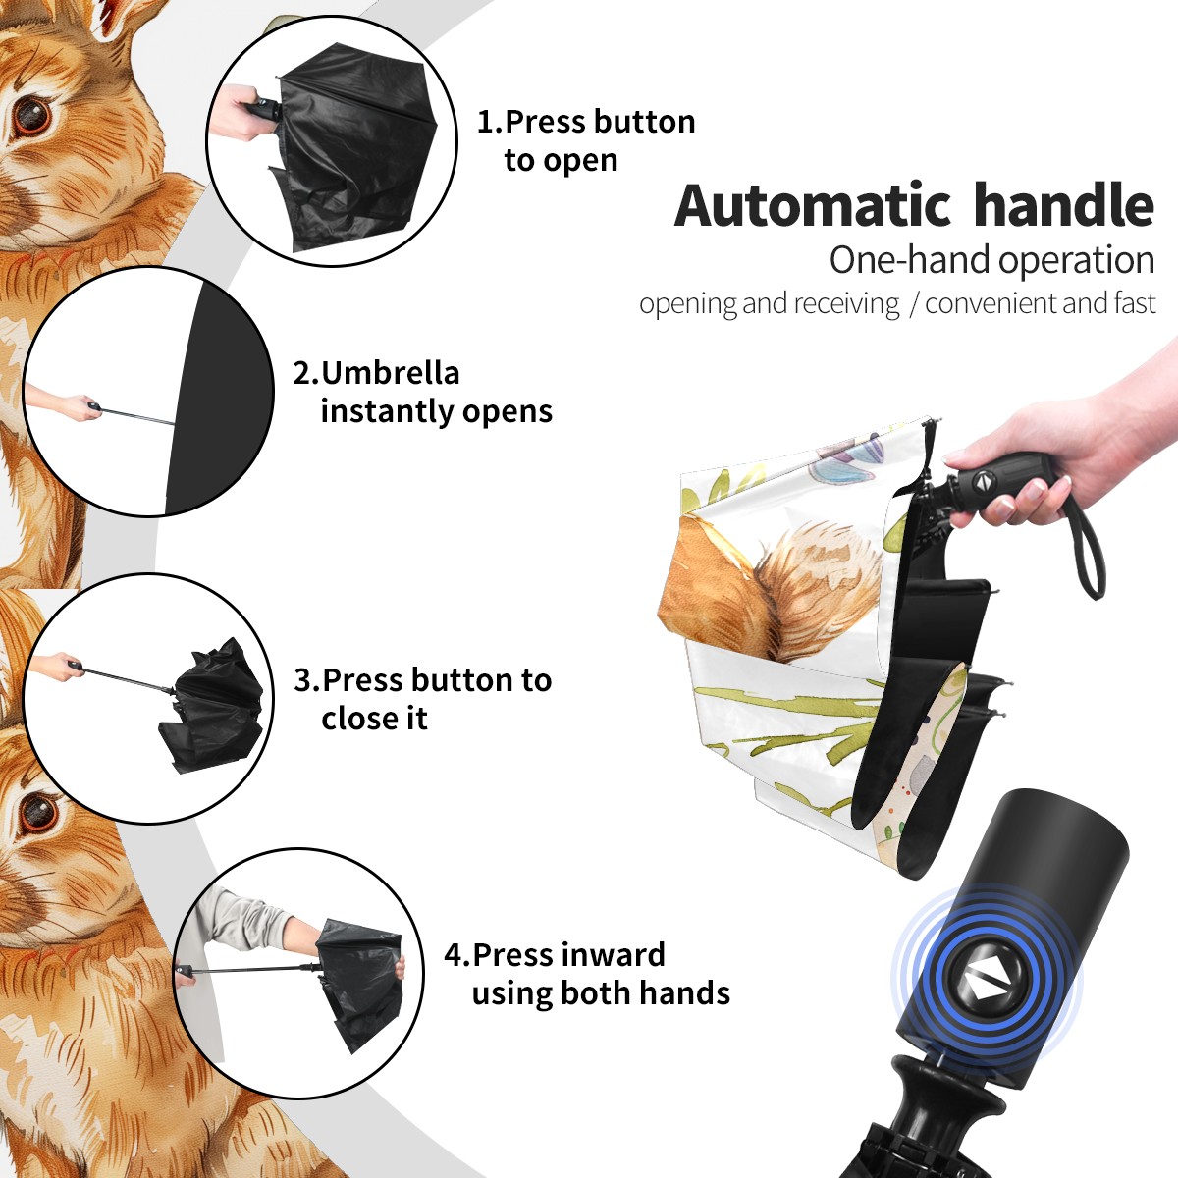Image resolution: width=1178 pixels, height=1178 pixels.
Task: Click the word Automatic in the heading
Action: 813,206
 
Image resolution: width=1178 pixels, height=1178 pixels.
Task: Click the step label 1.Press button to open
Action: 586,141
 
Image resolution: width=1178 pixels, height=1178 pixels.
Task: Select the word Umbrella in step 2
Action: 390,373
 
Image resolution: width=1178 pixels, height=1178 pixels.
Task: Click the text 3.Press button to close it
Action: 422,699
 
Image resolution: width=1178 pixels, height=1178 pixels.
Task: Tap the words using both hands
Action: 601,992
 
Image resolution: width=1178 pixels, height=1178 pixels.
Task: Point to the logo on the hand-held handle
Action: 982,480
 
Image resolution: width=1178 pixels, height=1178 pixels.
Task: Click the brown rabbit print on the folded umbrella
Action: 771,586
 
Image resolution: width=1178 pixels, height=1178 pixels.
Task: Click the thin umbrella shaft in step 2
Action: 138,416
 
